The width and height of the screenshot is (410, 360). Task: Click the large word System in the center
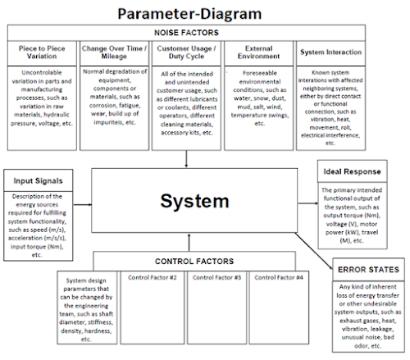(196, 201)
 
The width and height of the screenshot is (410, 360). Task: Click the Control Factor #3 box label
(215, 278)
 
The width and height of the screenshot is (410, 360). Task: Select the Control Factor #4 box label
(279, 278)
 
